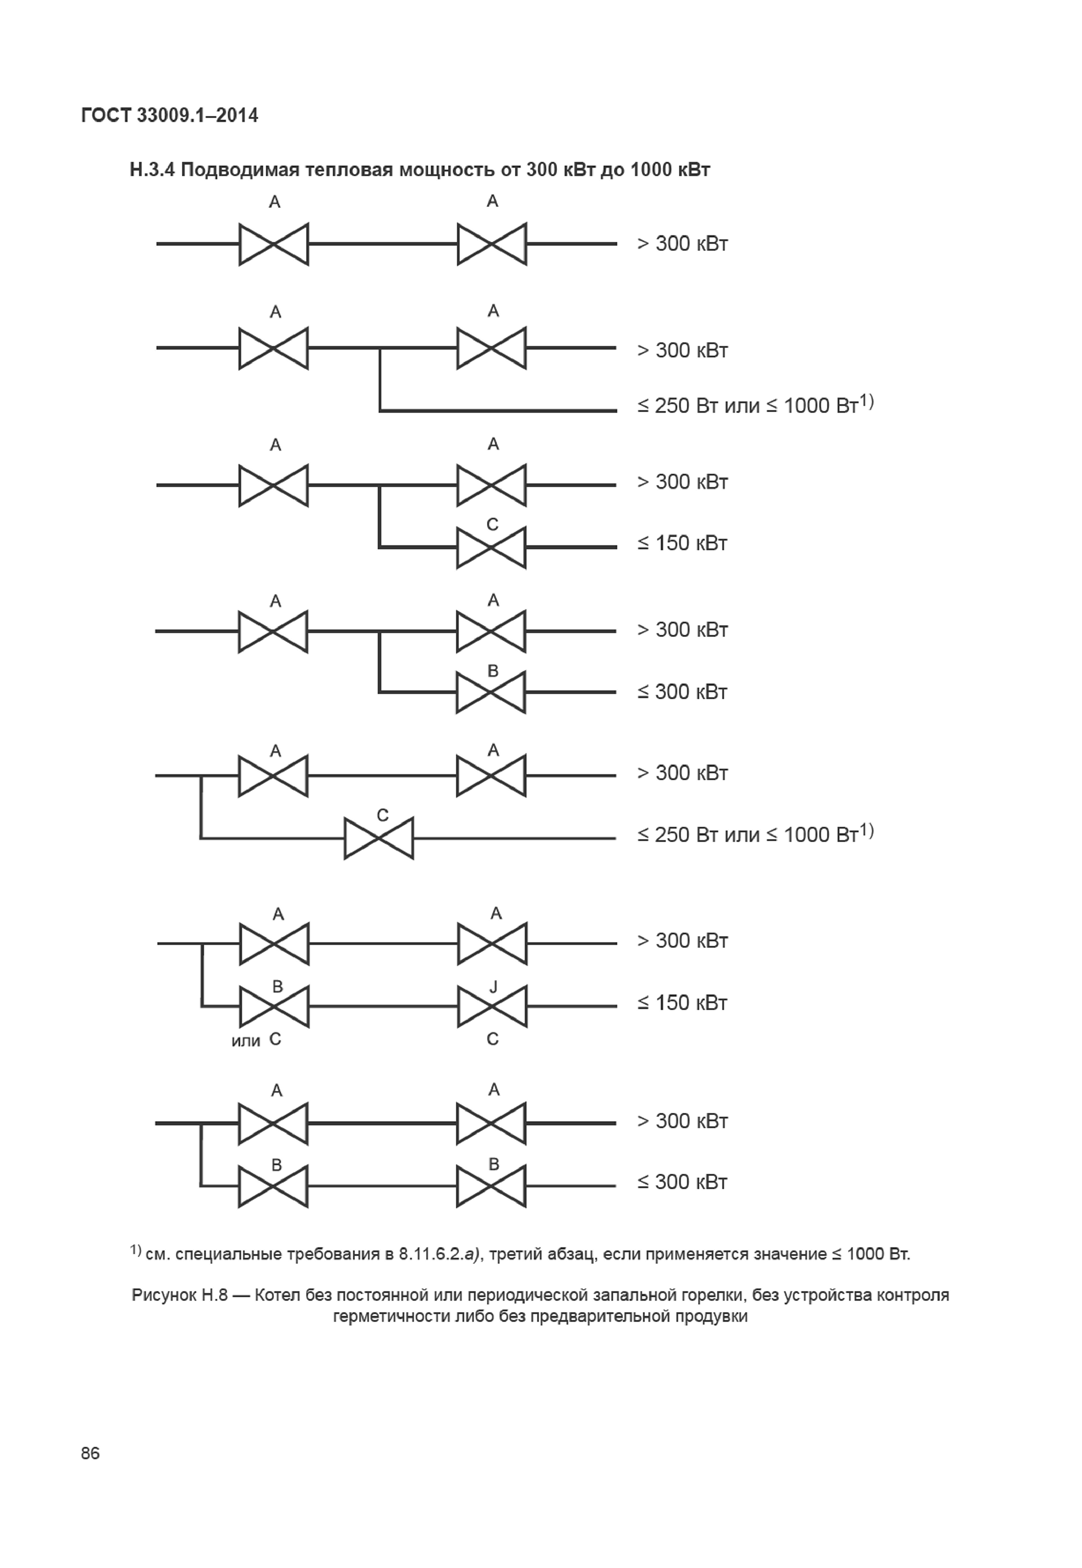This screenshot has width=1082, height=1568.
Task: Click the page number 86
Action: (90, 1454)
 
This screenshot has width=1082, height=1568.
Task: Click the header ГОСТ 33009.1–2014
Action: (169, 116)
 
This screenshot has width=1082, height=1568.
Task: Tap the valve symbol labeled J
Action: (492, 1006)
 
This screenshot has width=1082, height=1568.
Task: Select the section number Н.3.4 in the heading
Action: (153, 169)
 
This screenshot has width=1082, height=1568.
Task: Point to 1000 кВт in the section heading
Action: (670, 169)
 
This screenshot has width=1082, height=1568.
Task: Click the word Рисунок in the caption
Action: (163, 1296)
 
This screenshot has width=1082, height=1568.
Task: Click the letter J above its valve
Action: (493, 987)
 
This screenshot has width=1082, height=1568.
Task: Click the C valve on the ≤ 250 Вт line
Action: (379, 838)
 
